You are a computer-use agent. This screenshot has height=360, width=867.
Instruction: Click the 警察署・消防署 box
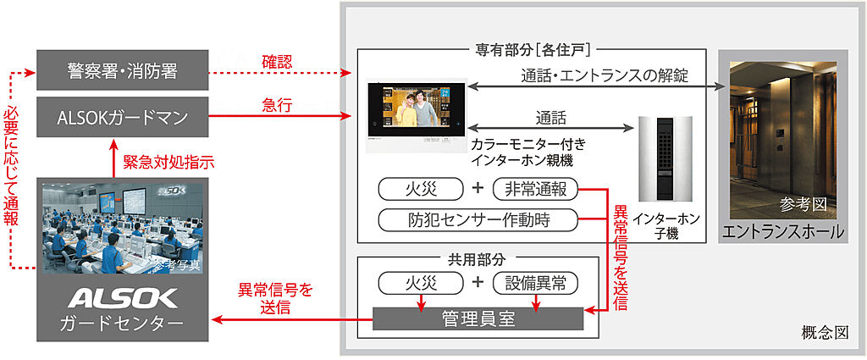pyautogui.click(x=122, y=70)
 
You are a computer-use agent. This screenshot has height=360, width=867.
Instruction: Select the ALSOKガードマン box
pyautogui.click(x=122, y=117)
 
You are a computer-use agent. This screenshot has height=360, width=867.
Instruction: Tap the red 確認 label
pyautogui.click(x=277, y=62)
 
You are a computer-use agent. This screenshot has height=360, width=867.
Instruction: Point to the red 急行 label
pyautogui.click(x=277, y=106)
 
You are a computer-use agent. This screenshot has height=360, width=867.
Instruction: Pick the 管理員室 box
pyautogui.click(x=478, y=319)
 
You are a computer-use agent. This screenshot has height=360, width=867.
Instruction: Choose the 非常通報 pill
pyautogui.click(x=535, y=190)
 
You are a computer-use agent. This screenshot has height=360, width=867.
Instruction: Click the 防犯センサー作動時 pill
pyautogui.click(x=479, y=219)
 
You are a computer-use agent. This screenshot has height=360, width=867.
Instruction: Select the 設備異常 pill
pyautogui.click(x=535, y=283)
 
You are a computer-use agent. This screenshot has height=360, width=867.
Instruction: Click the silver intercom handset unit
pyautogui.click(x=665, y=158)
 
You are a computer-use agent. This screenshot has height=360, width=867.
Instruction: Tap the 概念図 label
pyautogui.click(x=825, y=333)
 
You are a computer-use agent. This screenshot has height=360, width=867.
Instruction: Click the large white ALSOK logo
pyautogui.click(x=123, y=299)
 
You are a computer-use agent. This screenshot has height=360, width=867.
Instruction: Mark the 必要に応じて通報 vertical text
pyautogui.click(x=10, y=167)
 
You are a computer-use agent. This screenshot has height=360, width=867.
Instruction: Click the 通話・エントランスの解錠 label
pyautogui.click(x=605, y=75)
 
